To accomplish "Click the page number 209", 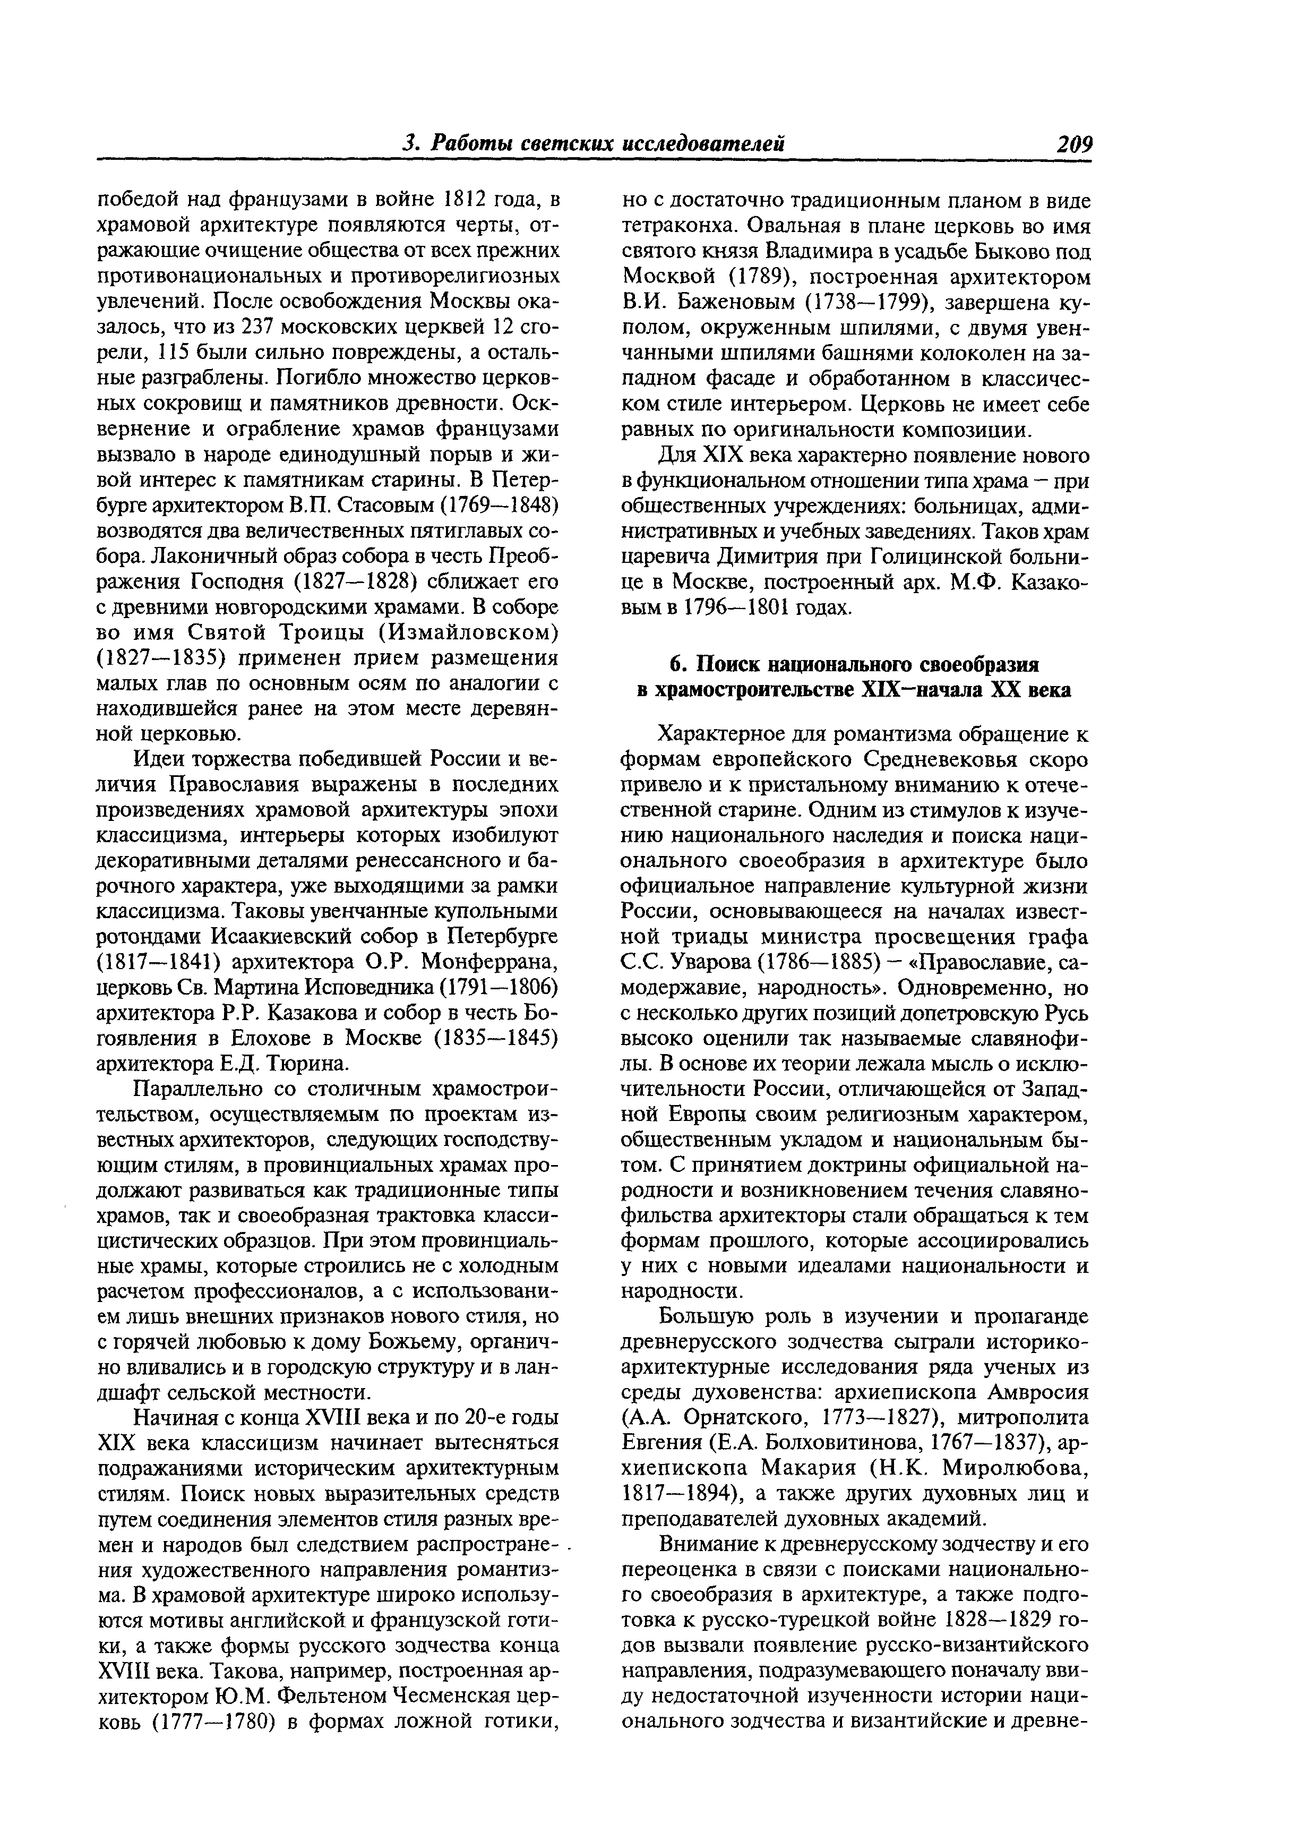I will (x=1073, y=143).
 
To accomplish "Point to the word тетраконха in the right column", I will (x=686, y=227).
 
